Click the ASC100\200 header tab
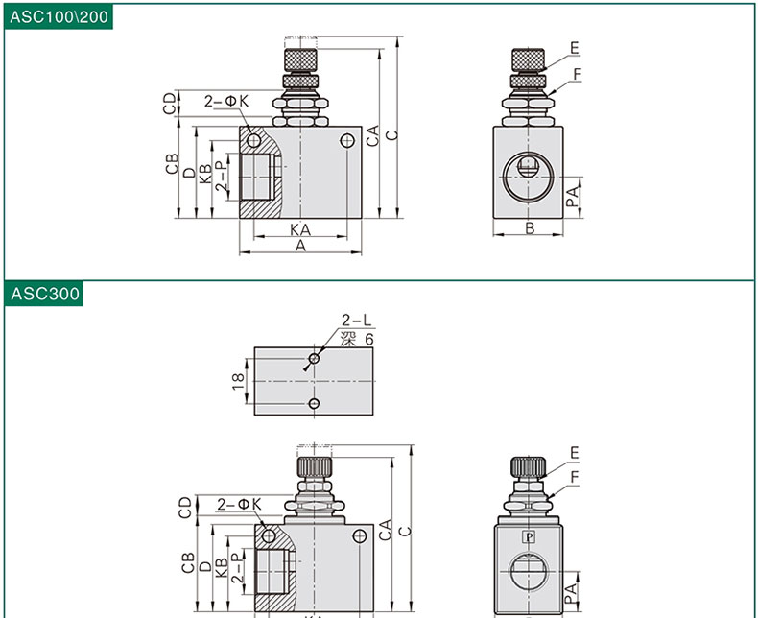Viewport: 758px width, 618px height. (59, 17)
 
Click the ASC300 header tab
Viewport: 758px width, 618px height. (44, 294)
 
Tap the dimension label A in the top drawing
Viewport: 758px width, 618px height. (300, 246)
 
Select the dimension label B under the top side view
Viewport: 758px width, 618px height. (530, 228)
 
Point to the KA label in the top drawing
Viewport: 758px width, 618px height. (300, 229)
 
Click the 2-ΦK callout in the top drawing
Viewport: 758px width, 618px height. (226, 101)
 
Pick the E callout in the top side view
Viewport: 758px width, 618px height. (575, 48)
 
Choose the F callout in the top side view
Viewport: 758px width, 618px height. (578, 74)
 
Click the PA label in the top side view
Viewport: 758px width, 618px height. (573, 197)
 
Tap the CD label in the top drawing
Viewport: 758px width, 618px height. (170, 104)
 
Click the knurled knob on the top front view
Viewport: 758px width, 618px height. (300, 59)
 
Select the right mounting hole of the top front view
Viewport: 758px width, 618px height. (347, 141)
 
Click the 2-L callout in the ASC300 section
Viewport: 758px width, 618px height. (357, 321)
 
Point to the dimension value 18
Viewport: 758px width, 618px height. (238, 381)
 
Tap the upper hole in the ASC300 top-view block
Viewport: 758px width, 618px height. (314, 358)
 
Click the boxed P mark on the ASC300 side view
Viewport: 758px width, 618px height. (529, 536)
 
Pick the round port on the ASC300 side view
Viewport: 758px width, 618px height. (529, 572)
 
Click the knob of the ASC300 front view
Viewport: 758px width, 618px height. (314, 467)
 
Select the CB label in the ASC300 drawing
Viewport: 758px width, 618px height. (187, 562)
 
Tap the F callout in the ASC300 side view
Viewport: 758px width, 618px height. (575, 477)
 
